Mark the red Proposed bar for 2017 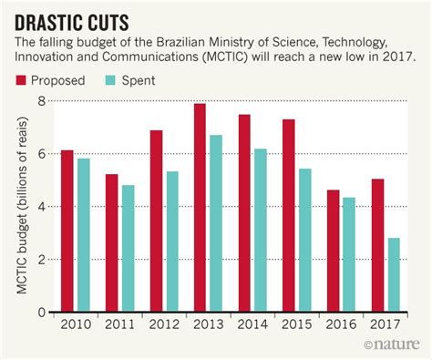pos(377,245)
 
